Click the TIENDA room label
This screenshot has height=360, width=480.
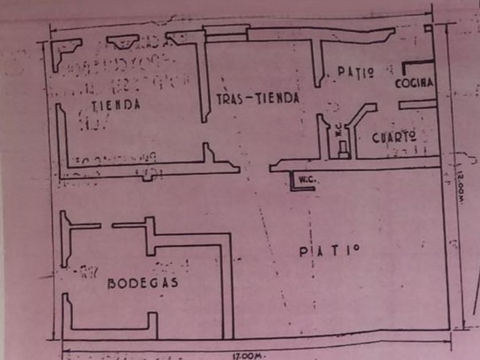115,105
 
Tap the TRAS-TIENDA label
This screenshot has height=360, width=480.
258,98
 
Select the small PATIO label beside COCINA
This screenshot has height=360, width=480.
355,72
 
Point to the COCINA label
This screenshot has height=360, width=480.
414,83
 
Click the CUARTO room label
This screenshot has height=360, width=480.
393,138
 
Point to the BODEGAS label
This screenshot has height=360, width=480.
143,283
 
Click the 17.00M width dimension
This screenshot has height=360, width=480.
248,356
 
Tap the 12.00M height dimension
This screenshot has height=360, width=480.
460,185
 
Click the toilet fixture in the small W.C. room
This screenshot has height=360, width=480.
342,149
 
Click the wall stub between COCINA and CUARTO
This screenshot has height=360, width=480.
417,105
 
